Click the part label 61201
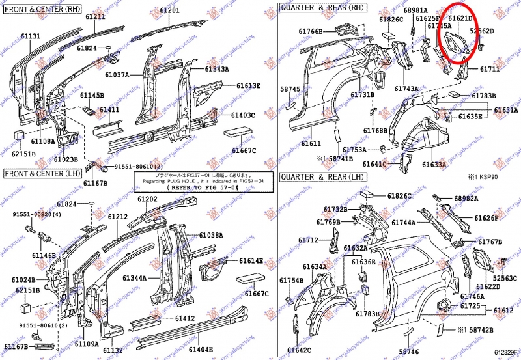tap(169, 12)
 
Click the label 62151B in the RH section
tap(24, 154)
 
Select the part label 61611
tap(311, 143)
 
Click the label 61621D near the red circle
tap(460, 18)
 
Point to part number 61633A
tap(434, 165)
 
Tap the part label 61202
tap(148, 199)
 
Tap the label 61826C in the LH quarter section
tap(399, 196)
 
